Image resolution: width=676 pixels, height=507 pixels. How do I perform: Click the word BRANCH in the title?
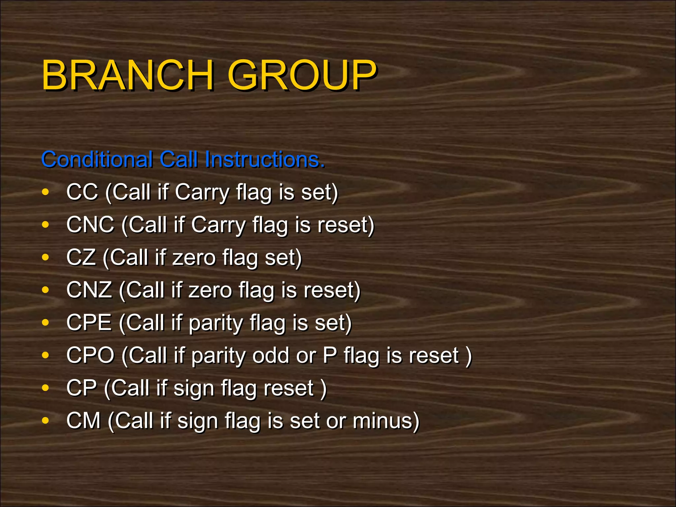pos(127,75)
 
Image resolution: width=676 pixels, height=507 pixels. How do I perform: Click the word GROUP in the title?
pos(302,75)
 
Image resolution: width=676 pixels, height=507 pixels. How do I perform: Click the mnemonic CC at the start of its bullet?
pos(82,192)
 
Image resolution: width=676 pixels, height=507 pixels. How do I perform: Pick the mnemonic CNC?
pos(90,224)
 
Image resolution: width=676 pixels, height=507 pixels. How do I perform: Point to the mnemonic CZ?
pos(81,257)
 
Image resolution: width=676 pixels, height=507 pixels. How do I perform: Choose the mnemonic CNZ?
pos(89,290)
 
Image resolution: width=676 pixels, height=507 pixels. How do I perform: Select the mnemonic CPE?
pos(89,322)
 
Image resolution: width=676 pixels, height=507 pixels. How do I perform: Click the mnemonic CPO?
pos(90,355)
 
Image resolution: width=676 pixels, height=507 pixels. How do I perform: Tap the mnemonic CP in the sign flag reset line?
pos(82,388)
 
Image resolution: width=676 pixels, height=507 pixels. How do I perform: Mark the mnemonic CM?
pos(83,421)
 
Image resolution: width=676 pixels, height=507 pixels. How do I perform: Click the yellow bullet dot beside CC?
pos(46,192)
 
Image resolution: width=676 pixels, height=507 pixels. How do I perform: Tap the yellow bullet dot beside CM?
pos(46,421)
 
